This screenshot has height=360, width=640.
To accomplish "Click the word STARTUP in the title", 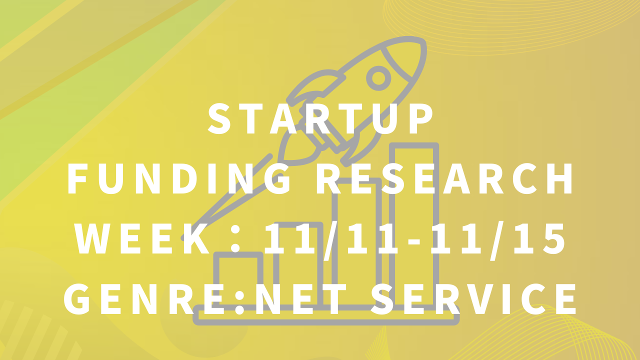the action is pos(320,119).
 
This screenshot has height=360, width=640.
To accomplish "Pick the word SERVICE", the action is pos(473,299).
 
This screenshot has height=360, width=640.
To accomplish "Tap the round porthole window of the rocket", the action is pos(378,78).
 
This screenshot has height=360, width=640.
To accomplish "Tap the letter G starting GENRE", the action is pos(76,299).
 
